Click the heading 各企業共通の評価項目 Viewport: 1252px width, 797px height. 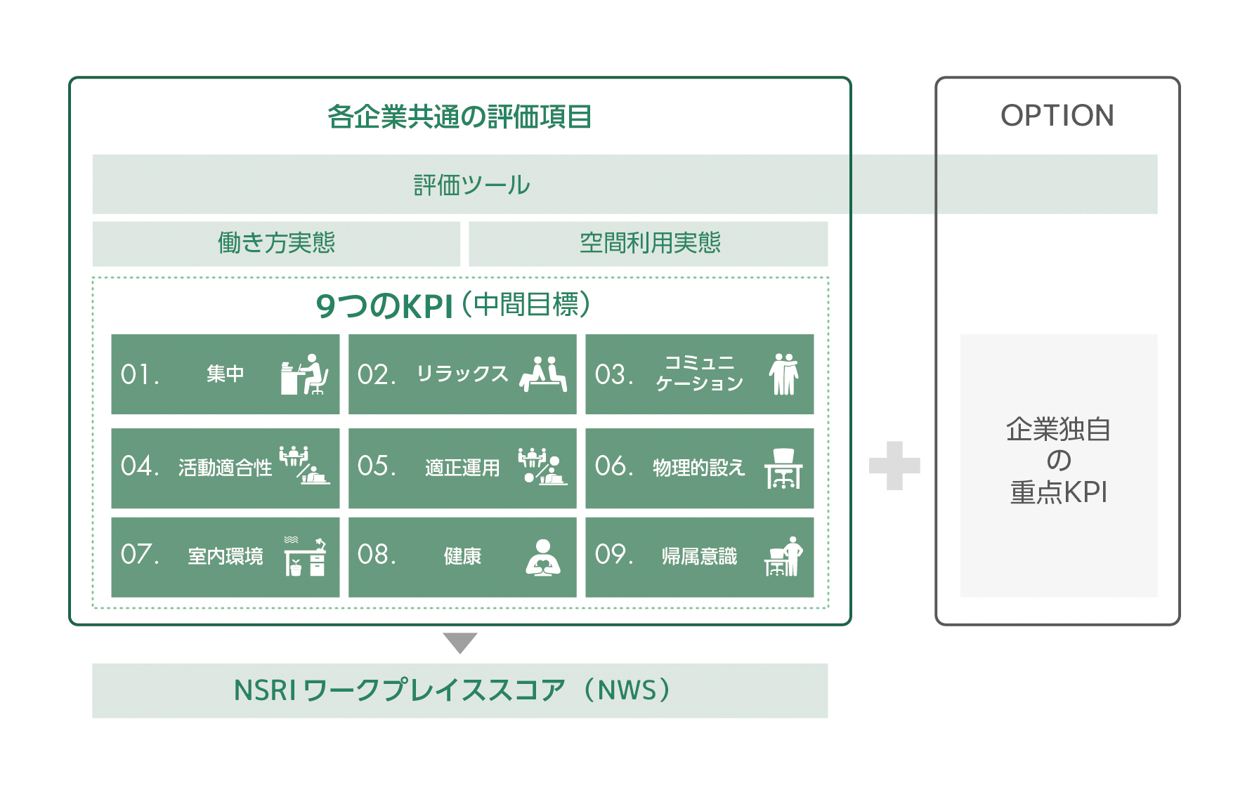pyautogui.click(x=459, y=117)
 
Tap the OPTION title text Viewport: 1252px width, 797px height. pyautogui.click(x=1057, y=116)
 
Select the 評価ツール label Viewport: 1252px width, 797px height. pyautogui.click(x=471, y=185)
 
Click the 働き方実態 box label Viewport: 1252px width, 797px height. pyautogui.click(x=276, y=243)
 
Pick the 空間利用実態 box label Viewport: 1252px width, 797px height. pyautogui.click(x=650, y=243)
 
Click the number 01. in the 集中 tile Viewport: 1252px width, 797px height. pyautogui.click(x=139, y=374)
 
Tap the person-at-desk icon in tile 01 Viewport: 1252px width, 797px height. pyautogui.click(x=304, y=374)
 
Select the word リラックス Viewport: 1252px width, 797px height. pyautogui.click(x=462, y=374)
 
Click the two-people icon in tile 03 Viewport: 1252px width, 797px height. pyautogui.click(x=784, y=374)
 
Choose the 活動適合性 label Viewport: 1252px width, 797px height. pyautogui.click(x=225, y=468)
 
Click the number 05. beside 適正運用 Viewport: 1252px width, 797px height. pyautogui.click(x=377, y=466)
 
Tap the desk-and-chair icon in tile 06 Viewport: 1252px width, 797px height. pyautogui.click(x=783, y=468)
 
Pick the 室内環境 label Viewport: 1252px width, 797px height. pyautogui.click(x=225, y=556)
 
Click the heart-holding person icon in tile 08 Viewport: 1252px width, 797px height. pyautogui.click(x=543, y=558)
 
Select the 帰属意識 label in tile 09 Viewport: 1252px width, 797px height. pyautogui.click(x=699, y=556)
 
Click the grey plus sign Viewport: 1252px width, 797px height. pyautogui.click(x=894, y=466)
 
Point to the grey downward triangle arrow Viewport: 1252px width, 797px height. pyautogui.click(x=460, y=642)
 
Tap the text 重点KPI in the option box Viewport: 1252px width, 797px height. pyautogui.click(x=1059, y=492)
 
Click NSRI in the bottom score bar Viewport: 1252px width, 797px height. pyautogui.click(x=265, y=691)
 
